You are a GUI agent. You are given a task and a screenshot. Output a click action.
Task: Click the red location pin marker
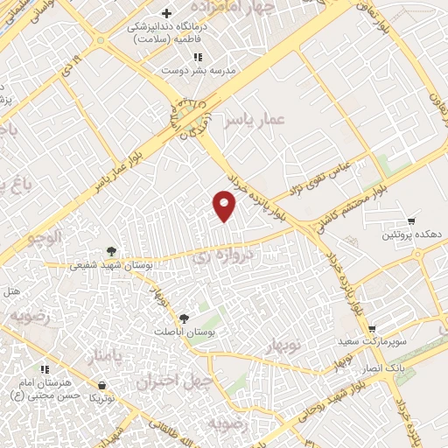[225, 205]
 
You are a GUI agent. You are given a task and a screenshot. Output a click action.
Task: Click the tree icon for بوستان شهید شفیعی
[110, 252]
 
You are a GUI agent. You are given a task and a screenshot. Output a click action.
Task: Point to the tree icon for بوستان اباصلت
[183, 319]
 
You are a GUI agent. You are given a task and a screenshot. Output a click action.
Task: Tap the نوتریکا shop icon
[102, 385]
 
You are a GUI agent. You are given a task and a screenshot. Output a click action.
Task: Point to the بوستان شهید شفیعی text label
[153, 264]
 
